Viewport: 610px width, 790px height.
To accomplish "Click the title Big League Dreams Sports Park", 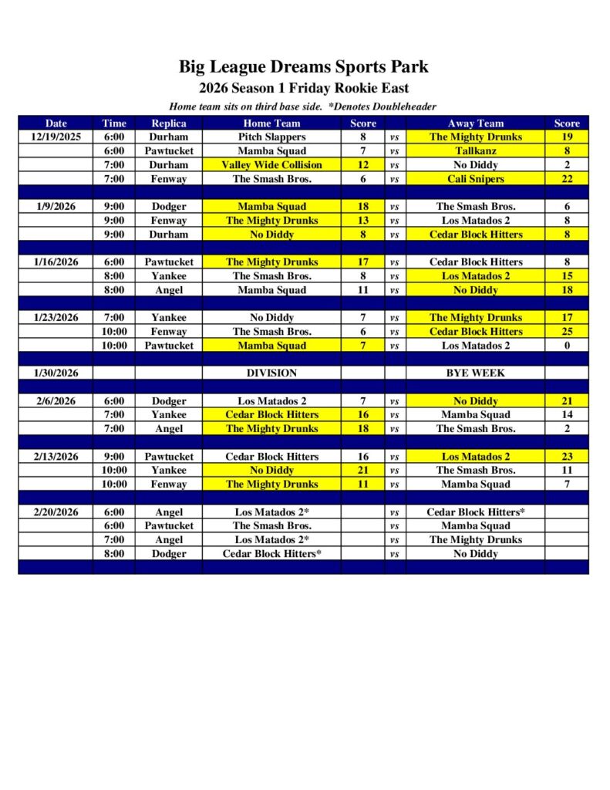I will point(304,67).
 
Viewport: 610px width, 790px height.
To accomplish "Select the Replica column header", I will point(168,123).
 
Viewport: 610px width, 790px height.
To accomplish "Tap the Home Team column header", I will point(271,123).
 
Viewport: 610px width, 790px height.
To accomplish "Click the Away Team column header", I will point(475,123).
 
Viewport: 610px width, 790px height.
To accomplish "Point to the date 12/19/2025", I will point(56,137).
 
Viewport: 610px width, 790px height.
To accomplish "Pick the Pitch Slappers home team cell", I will point(271,137).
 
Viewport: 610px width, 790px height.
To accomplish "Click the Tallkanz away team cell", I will point(475,151).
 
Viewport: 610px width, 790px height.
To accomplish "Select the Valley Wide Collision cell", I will point(271,165).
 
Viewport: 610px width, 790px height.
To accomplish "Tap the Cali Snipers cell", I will point(475,179).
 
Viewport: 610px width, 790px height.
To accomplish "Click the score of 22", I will point(567,179).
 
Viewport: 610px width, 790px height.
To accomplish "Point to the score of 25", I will point(567,332).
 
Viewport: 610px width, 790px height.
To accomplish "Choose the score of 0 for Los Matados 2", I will point(567,346).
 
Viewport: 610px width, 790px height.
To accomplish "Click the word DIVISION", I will point(271,373).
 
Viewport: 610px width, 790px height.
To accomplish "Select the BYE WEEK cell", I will point(475,373).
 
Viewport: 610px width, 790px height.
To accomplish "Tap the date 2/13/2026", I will point(56,457).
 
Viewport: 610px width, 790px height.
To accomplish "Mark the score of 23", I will point(567,457).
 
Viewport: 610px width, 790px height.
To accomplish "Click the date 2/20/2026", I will point(56,512).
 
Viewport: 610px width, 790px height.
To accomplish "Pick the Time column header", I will point(114,123).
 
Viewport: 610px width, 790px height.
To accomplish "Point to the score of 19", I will point(567,137).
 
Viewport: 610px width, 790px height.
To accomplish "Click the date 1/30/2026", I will point(56,373).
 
